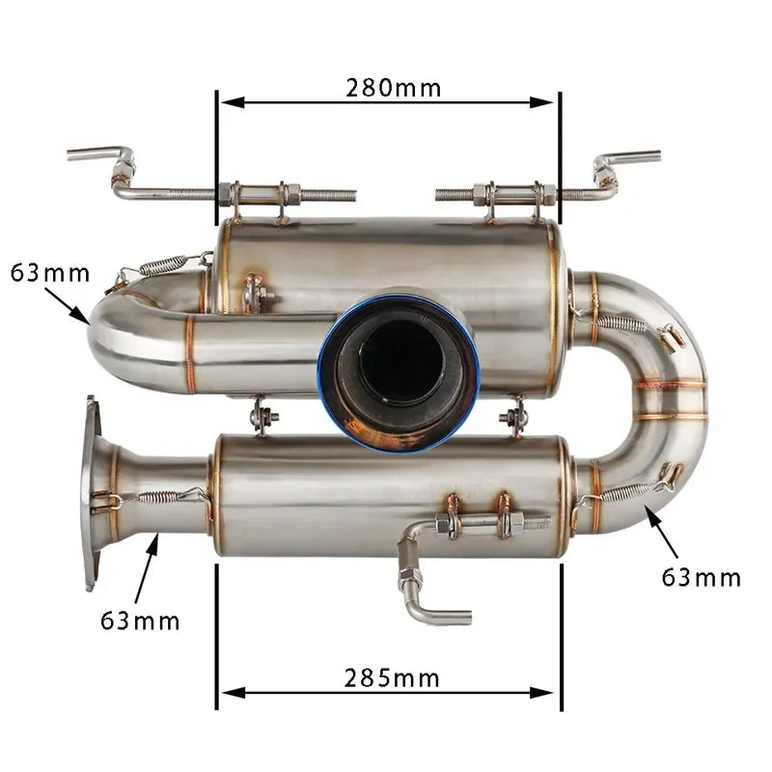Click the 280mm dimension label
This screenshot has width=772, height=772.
coord(393,89)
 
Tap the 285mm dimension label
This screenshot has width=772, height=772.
coord(392,678)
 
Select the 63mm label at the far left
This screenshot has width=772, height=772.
coord(50,273)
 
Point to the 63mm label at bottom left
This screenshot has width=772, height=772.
coord(140,620)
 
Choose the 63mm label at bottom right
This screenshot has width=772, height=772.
coord(702,577)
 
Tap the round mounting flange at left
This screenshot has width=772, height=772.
coord(92,492)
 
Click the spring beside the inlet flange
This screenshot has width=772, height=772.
coord(156,496)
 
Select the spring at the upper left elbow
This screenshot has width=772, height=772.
coord(162,264)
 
